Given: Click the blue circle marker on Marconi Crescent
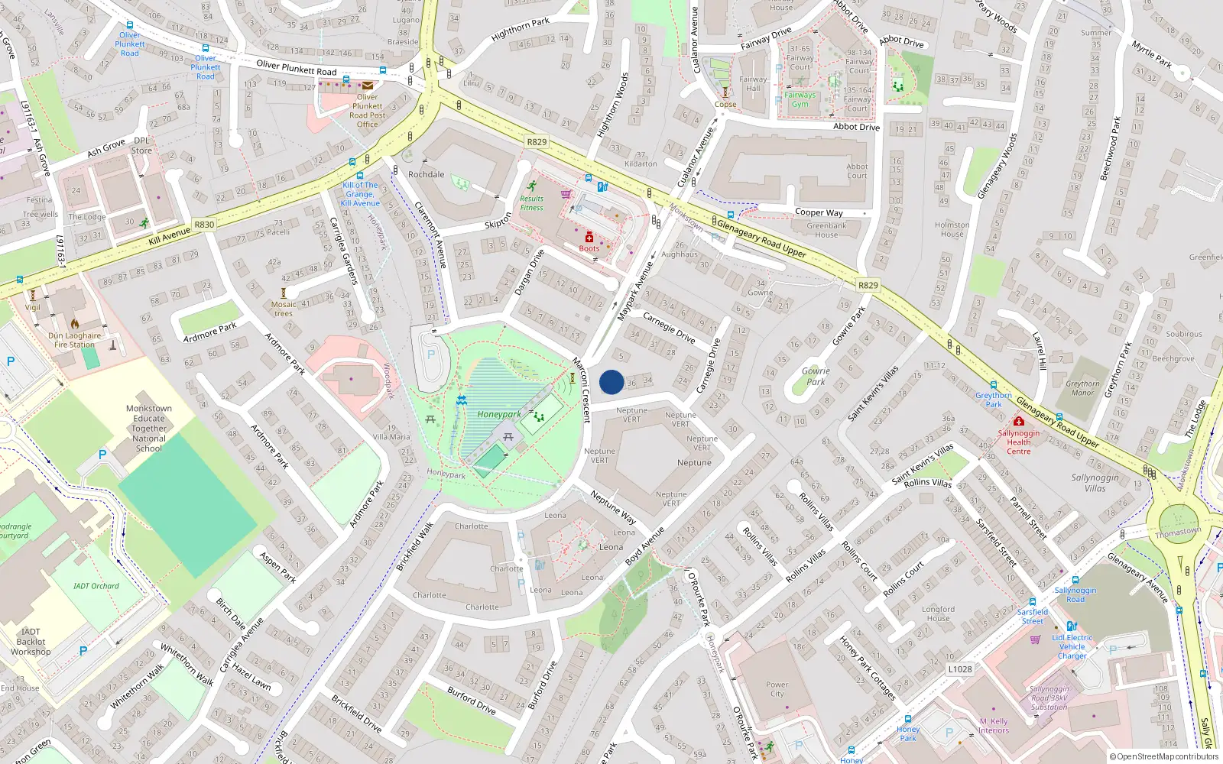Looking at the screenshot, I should click(x=611, y=382).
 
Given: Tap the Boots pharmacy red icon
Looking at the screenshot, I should click(x=589, y=238).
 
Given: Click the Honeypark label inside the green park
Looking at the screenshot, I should click(x=499, y=415).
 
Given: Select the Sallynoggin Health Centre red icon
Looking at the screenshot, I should click(x=1018, y=421).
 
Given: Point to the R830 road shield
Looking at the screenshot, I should click(x=204, y=225).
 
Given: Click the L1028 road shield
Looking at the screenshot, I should click(x=960, y=669).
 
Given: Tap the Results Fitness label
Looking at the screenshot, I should click(x=531, y=203).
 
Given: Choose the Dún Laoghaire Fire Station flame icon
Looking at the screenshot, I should click(x=75, y=324).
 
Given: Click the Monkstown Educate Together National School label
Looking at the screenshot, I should click(x=149, y=429).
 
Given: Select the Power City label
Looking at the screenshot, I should click(x=777, y=689).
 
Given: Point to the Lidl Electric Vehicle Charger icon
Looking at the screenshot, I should click(x=1072, y=626).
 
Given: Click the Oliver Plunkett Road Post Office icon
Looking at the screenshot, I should click(x=368, y=86).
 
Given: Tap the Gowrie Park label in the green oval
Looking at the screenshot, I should click(x=816, y=376).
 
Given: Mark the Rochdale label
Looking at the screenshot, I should click(x=426, y=174).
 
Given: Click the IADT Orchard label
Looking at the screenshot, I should click(x=96, y=586).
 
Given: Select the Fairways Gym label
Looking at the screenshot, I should click(x=800, y=99).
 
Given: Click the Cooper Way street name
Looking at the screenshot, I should click(x=819, y=212).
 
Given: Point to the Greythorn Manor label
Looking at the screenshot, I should click(x=1082, y=388).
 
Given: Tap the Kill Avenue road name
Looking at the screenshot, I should click(x=169, y=235).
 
